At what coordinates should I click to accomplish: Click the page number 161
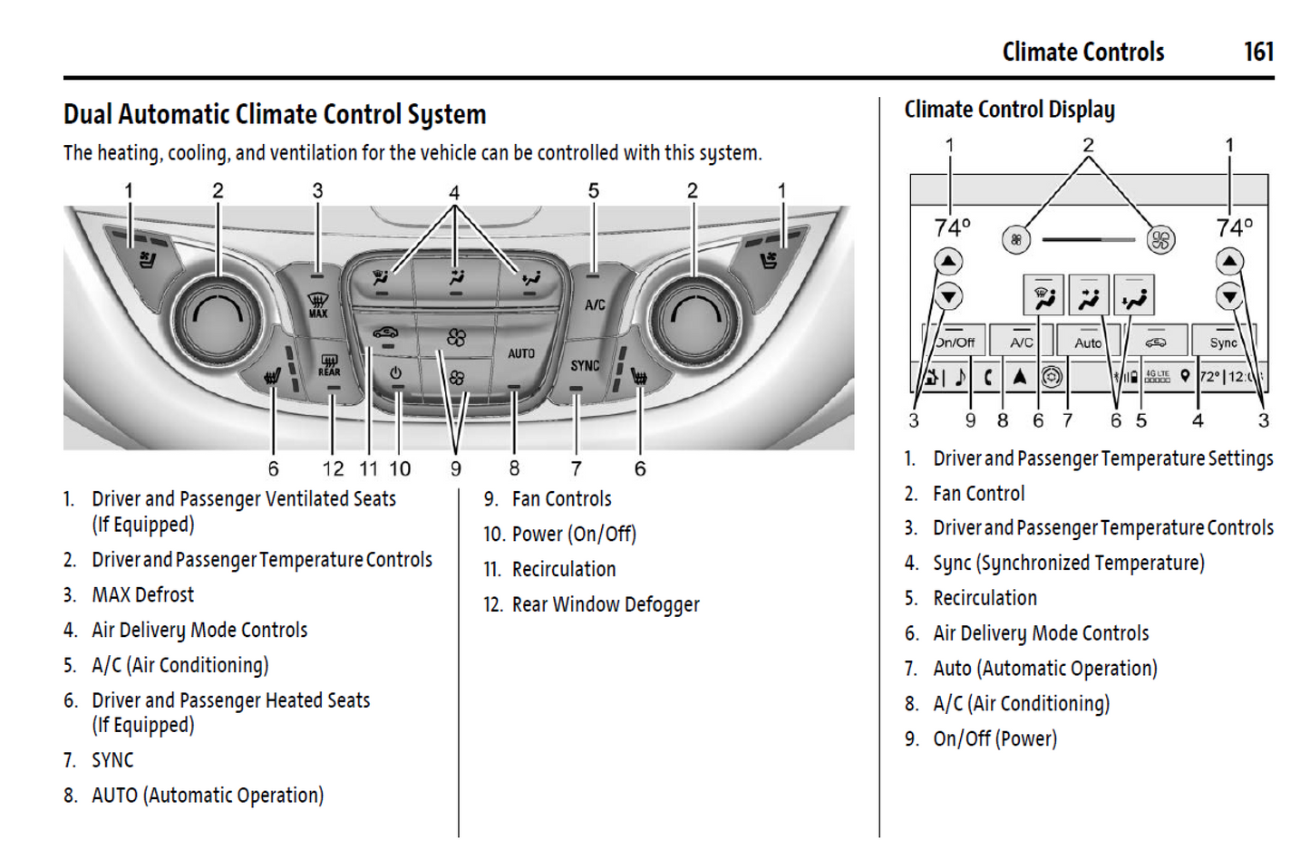coord(1258,52)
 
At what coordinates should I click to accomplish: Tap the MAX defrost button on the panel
coord(317,304)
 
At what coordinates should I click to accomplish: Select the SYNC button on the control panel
coord(585,365)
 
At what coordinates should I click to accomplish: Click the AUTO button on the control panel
coord(520,353)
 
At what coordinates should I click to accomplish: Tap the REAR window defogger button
coord(329,366)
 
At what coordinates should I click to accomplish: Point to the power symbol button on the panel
coord(396,373)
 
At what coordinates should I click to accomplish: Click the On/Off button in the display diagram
coord(955,342)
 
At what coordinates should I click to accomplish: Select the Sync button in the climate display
coord(1223,342)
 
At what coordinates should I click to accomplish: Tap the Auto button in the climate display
coord(1088,342)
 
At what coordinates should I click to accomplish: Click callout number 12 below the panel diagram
coord(333,468)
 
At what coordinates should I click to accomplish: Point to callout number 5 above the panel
coord(594,191)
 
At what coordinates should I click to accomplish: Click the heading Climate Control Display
coord(1009,110)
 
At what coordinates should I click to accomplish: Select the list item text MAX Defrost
coord(142,595)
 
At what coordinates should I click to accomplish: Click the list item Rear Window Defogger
coord(606,604)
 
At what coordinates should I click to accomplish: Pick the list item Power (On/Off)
coord(574,535)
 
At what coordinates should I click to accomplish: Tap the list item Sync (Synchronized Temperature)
coord(1068,564)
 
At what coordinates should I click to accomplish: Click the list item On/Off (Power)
coord(995,739)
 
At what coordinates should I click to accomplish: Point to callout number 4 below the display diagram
coord(1198,420)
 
